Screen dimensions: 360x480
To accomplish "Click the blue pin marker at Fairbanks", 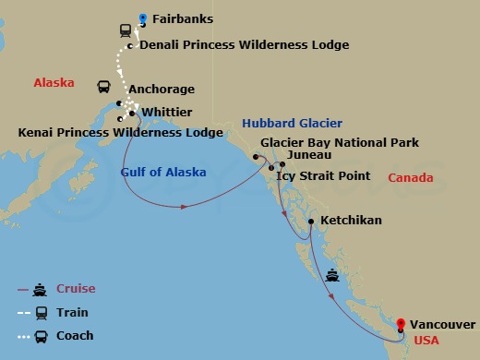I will pos(142,18).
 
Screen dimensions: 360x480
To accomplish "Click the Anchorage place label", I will pos(162,90).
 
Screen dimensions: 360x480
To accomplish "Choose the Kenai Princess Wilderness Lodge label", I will pos(120,133).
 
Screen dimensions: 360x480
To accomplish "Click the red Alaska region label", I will pos(54,82).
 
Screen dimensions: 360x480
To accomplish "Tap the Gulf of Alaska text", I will pos(162,172).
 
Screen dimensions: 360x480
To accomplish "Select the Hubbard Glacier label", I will pos(292,123).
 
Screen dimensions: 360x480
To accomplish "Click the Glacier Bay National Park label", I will pos(340,143).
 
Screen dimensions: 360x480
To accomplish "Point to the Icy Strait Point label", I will pos(323,175).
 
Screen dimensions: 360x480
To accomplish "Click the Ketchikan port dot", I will pos(311,222).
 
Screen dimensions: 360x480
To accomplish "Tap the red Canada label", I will pos(410,177).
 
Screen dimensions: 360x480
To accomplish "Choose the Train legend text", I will pos(73,313).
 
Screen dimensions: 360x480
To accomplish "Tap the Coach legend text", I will pos(75,336).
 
